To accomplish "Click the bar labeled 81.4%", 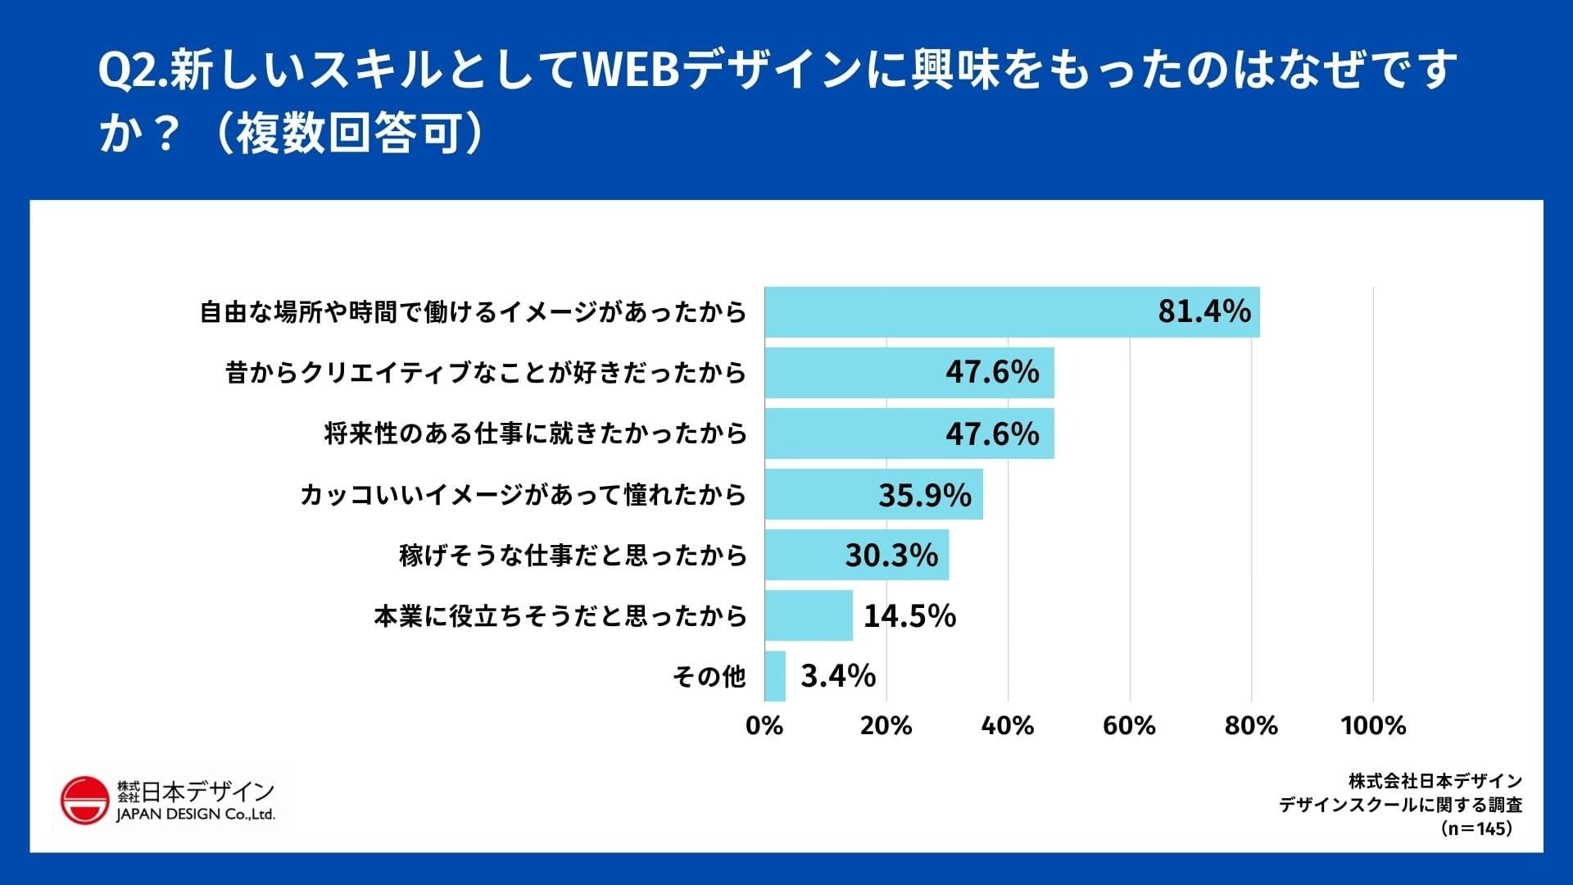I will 1012,312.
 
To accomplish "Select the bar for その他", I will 775,677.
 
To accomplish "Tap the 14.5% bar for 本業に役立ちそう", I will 809,615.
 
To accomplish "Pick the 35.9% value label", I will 924,495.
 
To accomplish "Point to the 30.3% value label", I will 891,556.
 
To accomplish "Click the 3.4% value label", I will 838,677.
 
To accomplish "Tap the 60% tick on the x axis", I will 1129,726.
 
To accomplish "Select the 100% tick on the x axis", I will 1373,726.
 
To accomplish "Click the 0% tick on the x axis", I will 764,726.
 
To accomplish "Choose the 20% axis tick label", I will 886,726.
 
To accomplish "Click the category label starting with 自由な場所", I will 474,312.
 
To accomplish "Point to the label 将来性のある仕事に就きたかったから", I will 535,433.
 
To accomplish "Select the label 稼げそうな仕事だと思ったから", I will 573,556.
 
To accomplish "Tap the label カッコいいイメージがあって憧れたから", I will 523,495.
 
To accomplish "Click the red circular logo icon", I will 84,800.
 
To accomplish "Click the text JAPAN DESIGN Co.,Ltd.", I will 195,815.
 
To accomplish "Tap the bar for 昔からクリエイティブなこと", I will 909,373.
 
